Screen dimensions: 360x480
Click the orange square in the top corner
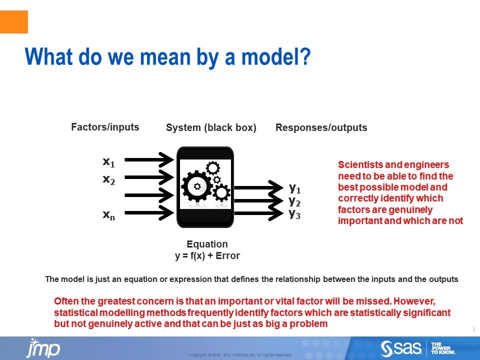tap(14, 22)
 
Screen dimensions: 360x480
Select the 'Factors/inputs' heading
tap(105, 127)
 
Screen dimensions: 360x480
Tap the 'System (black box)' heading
tap(211, 128)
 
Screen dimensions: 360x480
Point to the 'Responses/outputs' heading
tap(321, 128)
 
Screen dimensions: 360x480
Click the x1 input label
tap(108, 162)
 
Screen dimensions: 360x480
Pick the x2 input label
tap(108, 179)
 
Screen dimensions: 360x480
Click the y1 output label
tap(295, 188)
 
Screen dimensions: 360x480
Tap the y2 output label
tap(295, 201)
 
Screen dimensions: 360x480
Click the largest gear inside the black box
tap(196, 185)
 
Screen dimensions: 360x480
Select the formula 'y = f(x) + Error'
tap(207, 256)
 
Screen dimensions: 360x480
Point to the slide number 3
tap(473, 329)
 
